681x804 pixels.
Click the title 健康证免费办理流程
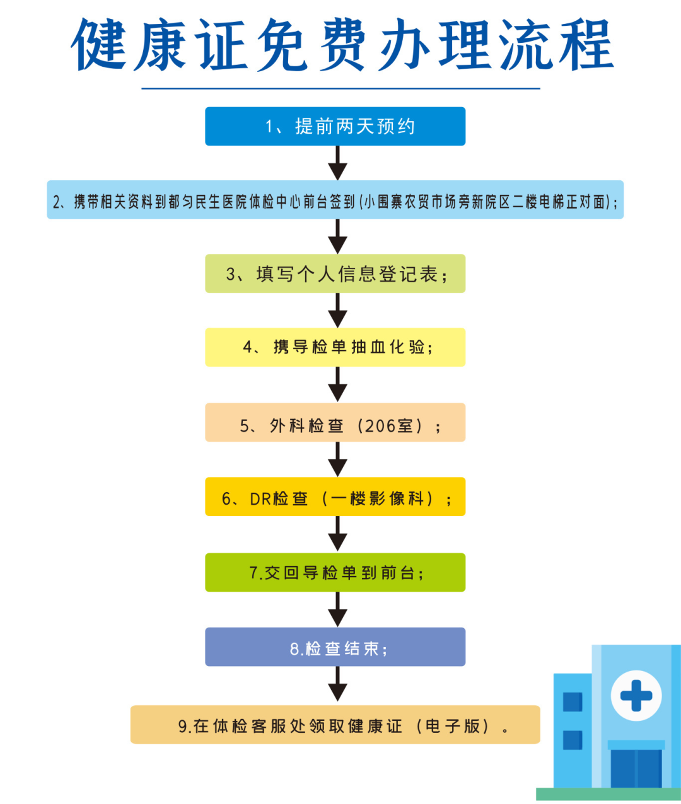(342, 45)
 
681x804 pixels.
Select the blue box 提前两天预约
(335, 127)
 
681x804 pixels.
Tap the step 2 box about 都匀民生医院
(335, 200)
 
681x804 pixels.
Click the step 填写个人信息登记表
(335, 274)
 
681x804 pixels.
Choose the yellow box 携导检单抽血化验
(335, 347)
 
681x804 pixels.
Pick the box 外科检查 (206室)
(335, 423)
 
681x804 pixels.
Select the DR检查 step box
(335, 497)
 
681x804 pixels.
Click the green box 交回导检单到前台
(335, 572)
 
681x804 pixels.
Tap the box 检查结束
(335, 647)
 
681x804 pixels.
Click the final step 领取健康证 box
(335, 725)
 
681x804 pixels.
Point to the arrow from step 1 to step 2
(338, 163)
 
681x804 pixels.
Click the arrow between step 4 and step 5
(338, 384)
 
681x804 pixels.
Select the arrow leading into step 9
(338, 685)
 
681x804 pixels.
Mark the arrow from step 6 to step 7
(338, 534)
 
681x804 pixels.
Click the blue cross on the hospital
(636, 696)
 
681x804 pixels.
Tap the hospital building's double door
(636, 768)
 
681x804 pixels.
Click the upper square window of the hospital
(572, 701)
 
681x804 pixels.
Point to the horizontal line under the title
(340, 88)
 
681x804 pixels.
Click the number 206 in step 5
(380, 427)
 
